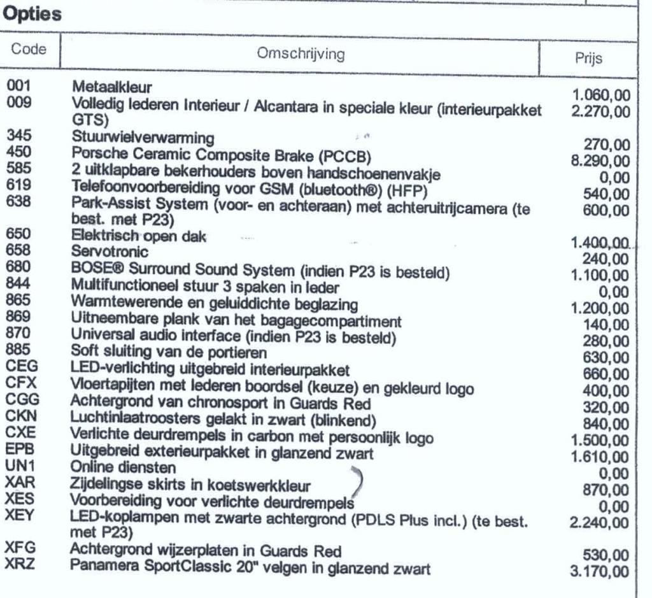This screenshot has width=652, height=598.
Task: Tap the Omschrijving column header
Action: click(301, 55)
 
